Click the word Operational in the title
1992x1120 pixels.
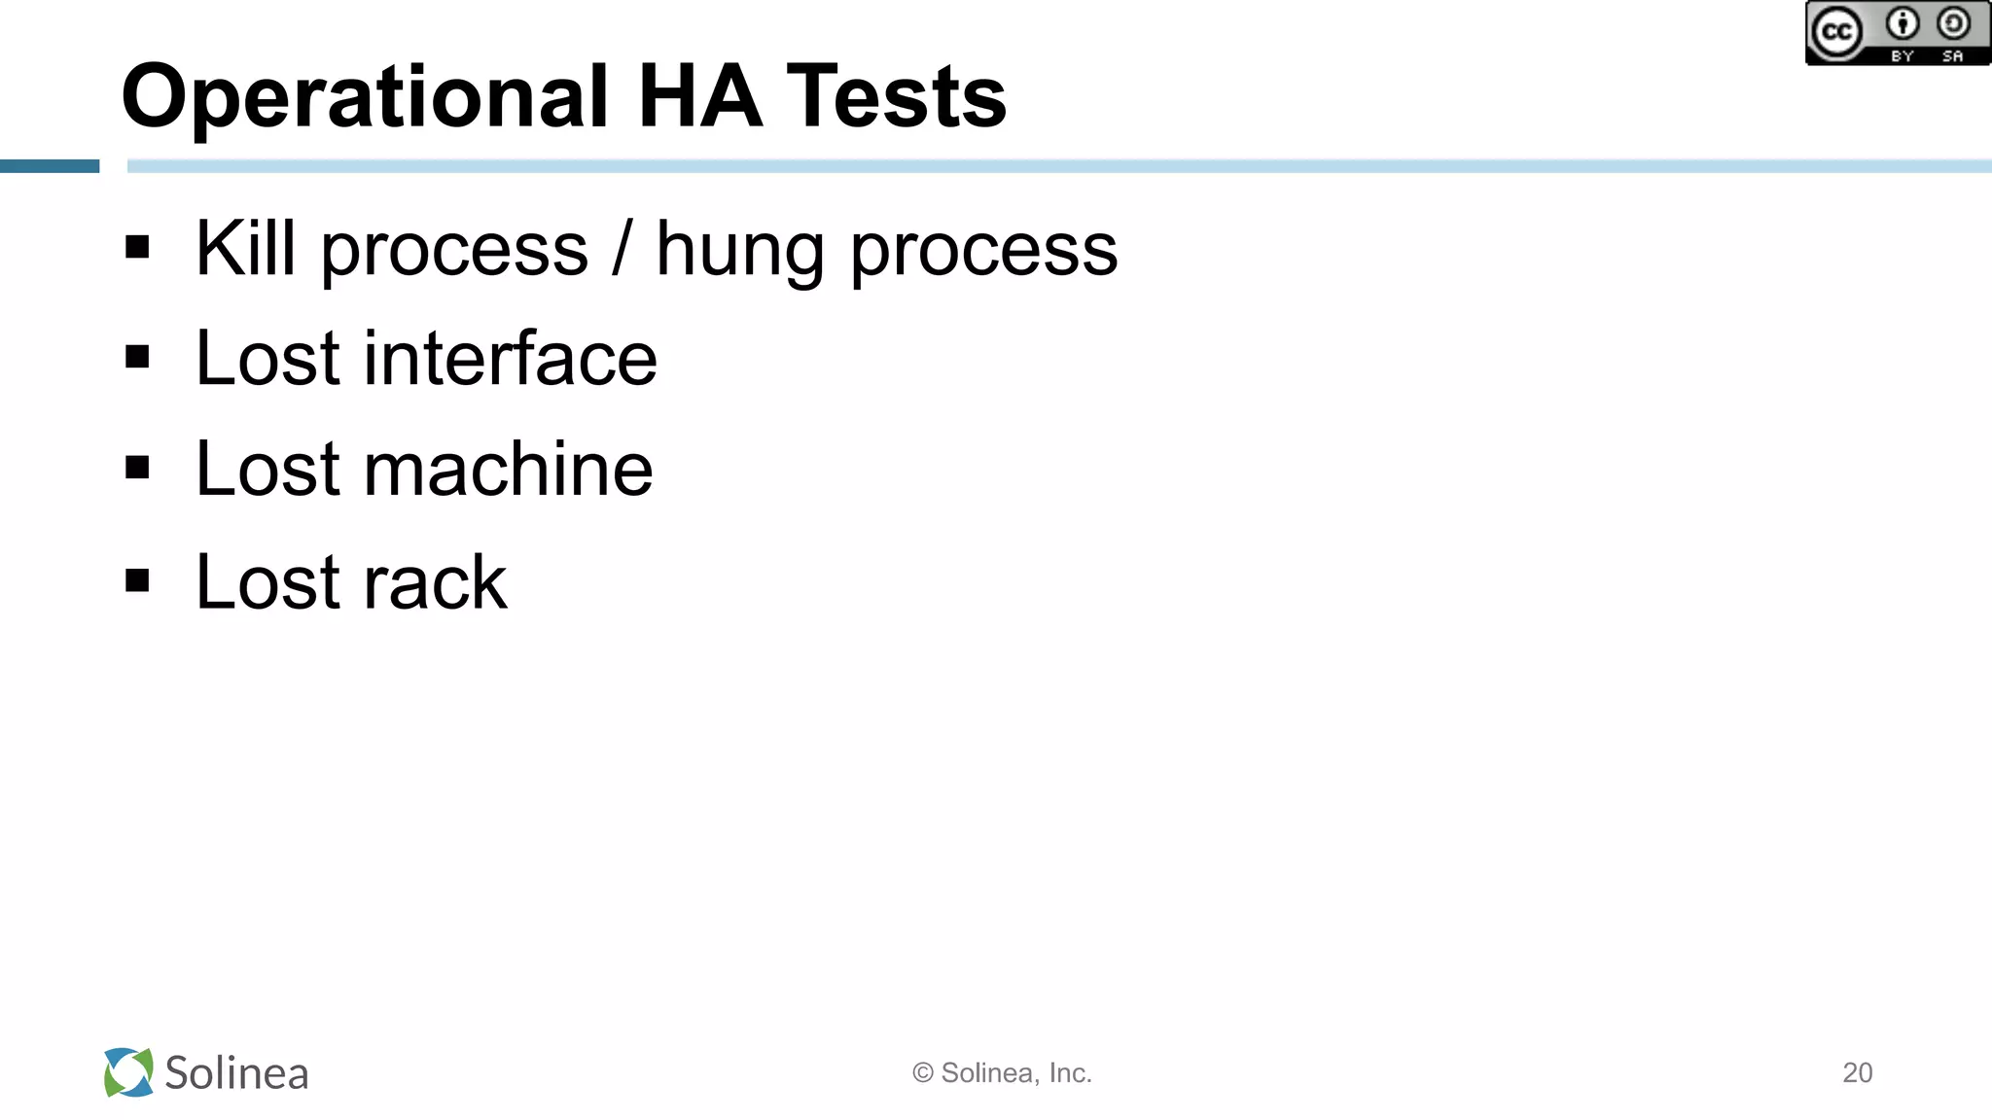tap(365, 97)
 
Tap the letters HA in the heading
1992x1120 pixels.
tap(699, 96)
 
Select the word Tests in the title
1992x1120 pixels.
tap(896, 96)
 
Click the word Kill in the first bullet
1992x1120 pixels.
tap(245, 249)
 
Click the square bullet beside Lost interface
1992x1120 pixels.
tap(137, 358)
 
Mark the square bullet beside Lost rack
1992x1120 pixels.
tap(137, 580)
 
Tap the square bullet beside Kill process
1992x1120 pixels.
tap(137, 247)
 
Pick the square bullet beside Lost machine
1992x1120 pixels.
tap(137, 468)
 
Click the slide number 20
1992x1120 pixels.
tap(1857, 1072)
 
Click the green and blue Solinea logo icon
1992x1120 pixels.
tap(128, 1072)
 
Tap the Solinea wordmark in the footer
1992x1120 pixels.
tap(236, 1073)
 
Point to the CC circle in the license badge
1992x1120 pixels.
tap(1835, 32)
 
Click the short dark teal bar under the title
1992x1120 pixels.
tap(50, 166)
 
